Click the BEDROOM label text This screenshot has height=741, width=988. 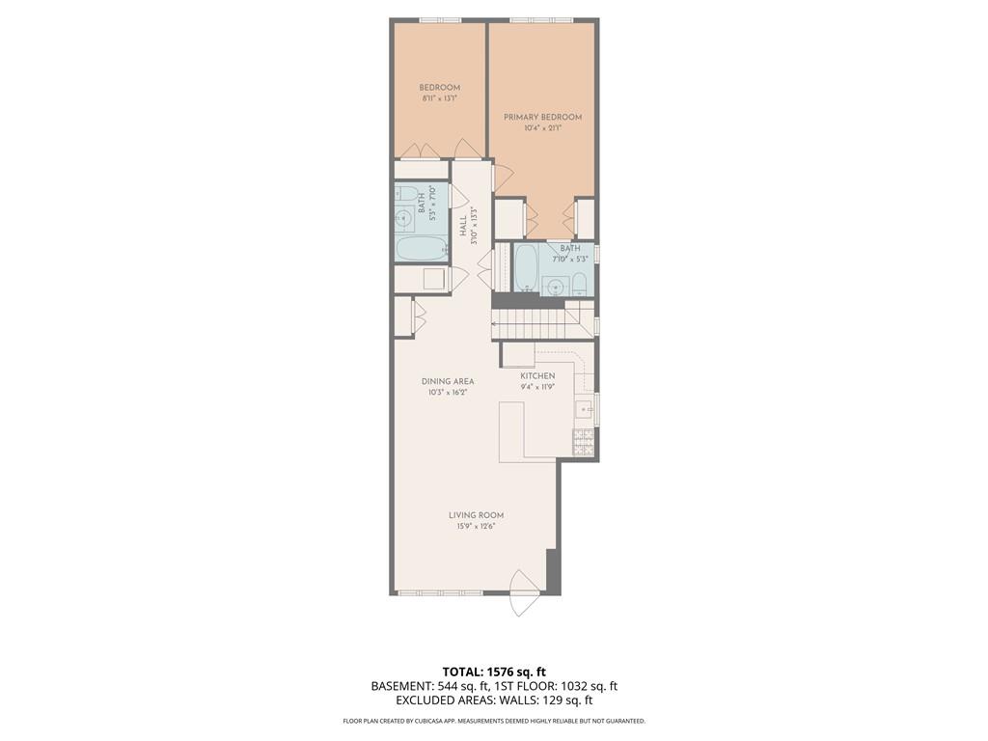click(x=439, y=87)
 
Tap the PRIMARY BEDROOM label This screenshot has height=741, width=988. click(x=543, y=117)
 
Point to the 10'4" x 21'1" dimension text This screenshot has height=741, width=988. click(x=543, y=127)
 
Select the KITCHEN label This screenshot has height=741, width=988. click(x=537, y=375)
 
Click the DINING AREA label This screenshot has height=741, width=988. click(x=448, y=381)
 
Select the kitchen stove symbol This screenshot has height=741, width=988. click(x=584, y=442)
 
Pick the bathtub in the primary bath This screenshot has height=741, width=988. click(x=526, y=267)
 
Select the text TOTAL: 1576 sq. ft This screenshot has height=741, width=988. click(x=494, y=672)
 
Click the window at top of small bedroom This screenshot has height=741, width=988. click(x=439, y=20)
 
